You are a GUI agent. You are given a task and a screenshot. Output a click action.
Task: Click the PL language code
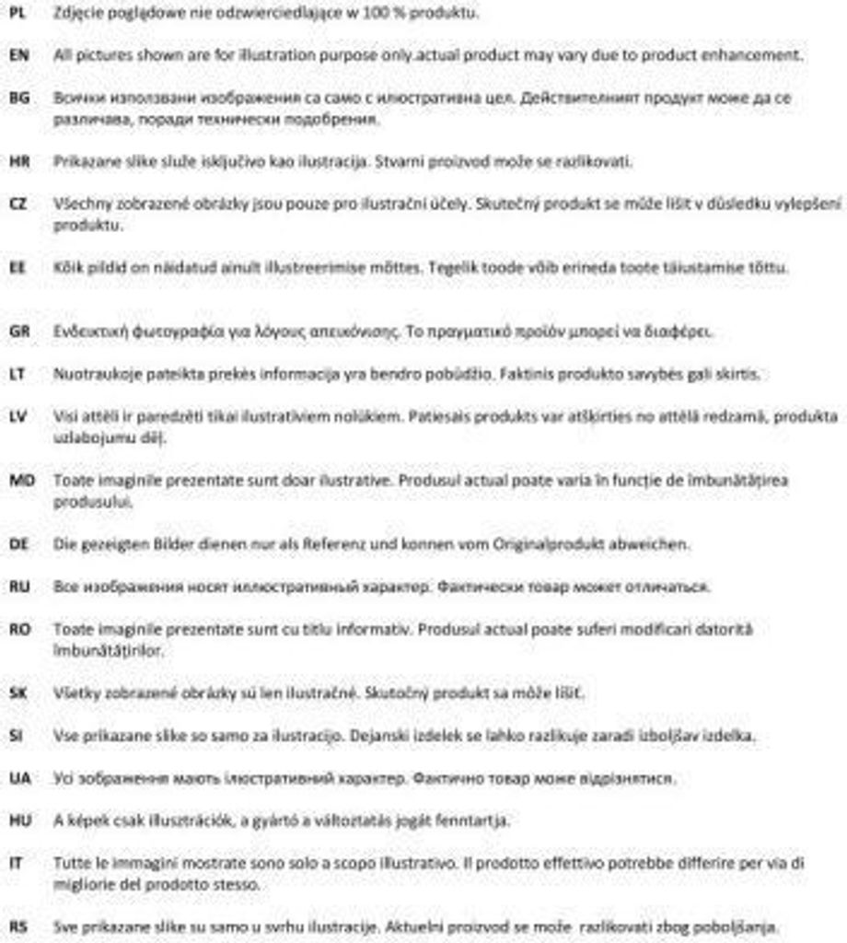tap(17, 13)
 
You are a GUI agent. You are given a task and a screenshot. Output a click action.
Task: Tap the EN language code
tap(18, 55)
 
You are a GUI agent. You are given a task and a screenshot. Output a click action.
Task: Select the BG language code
tap(18, 98)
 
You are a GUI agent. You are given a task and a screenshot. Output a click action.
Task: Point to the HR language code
tap(18, 161)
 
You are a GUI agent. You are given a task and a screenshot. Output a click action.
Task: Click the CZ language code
tap(17, 204)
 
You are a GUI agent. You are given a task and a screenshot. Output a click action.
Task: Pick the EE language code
tap(17, 268)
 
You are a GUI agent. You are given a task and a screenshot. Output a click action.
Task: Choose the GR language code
tap(18, 332)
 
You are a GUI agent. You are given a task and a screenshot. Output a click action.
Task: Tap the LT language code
tap(17, 374)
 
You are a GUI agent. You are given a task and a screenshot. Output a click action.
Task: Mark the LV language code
tap(17, 416)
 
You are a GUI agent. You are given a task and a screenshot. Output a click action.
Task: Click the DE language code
tap(18, 544)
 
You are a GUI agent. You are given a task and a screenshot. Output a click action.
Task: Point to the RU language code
tap(18, 587)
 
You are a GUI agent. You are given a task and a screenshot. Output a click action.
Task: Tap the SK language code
tap(17, 693)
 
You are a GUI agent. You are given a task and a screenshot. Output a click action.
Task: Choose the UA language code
tap(18, 778)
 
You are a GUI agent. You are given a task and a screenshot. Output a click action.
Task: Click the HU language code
tap(19, 820)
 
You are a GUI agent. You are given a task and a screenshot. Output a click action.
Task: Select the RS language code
tap(17, 926)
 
